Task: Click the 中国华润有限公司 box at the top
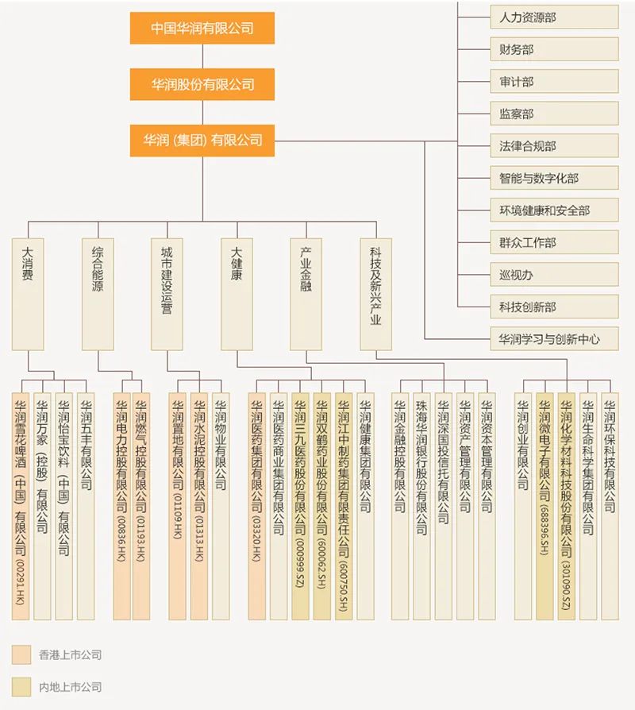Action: click(202, 28)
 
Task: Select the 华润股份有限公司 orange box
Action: click(202, 84)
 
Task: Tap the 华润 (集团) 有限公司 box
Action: click(202, 141)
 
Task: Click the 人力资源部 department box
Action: click(553, 17)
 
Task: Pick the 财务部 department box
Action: click(553, 49)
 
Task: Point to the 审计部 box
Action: click(553, 82)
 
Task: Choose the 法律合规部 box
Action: click(553, 146)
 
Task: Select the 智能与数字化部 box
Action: click(553, 179)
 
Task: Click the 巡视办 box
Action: click(553, 275)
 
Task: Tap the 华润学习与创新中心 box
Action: click(553, 339)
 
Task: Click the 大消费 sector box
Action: click(28, 294)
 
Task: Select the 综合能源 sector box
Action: click(98, 294)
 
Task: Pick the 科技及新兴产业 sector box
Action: click(375, 294)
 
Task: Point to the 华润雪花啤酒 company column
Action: click(21, 506)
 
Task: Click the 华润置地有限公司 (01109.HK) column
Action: click(178, 506)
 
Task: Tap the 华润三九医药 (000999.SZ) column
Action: click(300, 506)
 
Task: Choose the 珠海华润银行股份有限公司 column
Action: click(421, 506)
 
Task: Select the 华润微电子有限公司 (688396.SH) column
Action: click(545, 506)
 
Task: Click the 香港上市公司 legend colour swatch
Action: click(21, 654)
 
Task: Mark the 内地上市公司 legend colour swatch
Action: click(21, 687)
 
